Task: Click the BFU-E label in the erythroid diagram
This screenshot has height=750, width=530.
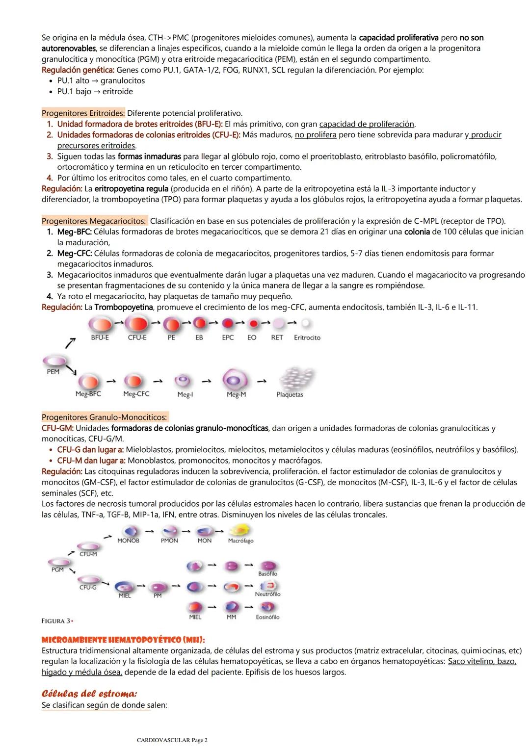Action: point(100,337)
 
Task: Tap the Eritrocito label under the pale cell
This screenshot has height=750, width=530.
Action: point(307,337)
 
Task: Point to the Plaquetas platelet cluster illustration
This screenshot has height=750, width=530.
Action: point(295,379)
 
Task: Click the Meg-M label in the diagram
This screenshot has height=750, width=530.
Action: point(236,394)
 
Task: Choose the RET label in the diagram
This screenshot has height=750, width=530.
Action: point(277,337)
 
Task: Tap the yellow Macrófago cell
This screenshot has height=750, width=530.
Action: point(241,530)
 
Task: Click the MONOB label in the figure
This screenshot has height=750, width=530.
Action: point(128,541)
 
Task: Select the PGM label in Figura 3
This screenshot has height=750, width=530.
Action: point(57,570)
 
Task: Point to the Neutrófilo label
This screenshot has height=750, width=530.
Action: point(267,594)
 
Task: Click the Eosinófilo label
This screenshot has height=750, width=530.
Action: point(267,617)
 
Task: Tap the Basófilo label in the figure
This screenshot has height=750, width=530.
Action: point(267,573)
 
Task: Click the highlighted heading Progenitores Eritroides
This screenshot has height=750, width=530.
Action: point(83,113)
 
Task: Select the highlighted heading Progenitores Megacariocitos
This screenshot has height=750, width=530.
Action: point(94,221)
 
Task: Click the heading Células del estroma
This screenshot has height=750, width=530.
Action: point(89,694)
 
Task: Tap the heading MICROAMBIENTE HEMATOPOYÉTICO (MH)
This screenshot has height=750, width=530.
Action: point(123,640)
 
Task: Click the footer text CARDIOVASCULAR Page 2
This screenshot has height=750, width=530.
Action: point(172,740)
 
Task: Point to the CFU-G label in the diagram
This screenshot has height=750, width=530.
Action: point(88,587)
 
